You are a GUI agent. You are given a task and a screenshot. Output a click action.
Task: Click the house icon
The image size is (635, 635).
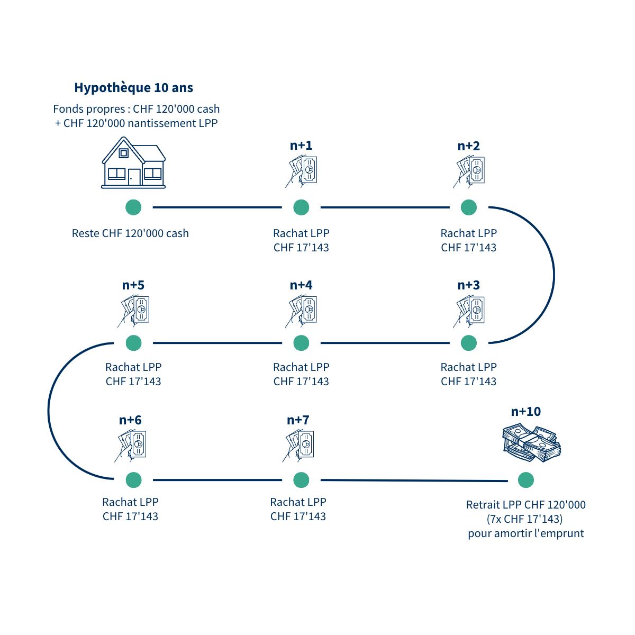133,162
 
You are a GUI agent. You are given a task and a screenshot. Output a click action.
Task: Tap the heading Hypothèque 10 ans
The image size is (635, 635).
133,87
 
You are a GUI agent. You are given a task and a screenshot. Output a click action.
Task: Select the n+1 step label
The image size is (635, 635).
301,146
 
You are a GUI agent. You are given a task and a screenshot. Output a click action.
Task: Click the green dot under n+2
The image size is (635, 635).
468,207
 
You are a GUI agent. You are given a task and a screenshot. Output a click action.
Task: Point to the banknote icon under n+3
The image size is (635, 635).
469,311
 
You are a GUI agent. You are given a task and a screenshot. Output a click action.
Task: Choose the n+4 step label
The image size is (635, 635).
301,285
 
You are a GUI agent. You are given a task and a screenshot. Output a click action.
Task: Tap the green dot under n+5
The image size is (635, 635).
133,343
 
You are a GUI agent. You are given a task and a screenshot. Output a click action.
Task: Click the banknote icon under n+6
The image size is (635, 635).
131,446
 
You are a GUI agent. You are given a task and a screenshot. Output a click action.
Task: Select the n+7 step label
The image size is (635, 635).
298,420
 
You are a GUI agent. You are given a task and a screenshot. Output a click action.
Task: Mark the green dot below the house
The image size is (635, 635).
133,207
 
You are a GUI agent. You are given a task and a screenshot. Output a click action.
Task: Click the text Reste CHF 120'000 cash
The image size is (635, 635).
130,233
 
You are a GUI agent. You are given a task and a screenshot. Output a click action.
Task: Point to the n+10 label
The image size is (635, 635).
525,412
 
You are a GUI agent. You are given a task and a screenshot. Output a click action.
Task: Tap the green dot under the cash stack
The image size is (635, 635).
525,480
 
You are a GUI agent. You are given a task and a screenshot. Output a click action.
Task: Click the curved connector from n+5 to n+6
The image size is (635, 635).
49,411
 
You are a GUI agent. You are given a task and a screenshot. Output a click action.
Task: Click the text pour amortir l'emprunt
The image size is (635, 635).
525,533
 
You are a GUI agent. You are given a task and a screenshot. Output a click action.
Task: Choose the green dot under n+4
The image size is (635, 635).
301,343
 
